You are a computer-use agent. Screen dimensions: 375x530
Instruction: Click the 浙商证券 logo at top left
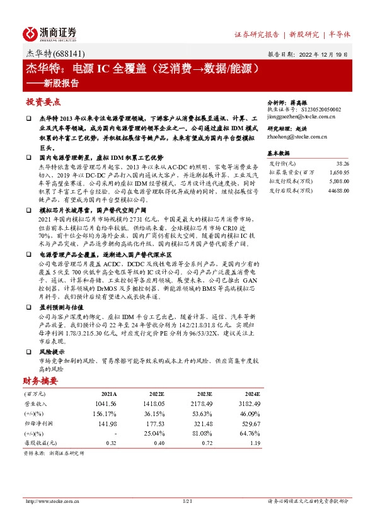click(50, 33)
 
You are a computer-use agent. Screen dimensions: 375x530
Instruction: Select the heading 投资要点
click(43, 101)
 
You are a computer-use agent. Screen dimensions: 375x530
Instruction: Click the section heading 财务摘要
click(40, 381)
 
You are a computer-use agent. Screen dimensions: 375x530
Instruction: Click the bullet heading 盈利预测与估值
click(61, 307)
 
